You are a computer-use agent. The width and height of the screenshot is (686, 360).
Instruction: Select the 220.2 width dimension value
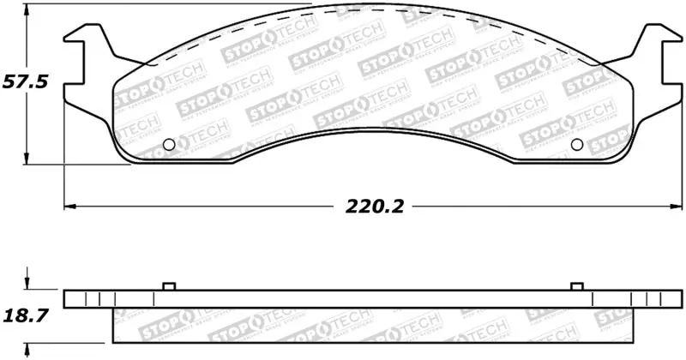coord(375,206)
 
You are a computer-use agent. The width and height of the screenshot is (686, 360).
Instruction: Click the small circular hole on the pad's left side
coord(169,144)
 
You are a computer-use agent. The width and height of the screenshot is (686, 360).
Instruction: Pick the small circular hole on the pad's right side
coord(576,144)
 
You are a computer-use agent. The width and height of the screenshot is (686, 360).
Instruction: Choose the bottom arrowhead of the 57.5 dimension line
coord(28,160)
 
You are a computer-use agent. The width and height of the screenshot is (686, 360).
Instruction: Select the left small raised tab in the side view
coord(168,286)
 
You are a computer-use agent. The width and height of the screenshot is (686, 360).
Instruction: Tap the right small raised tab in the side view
coord(576,286)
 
